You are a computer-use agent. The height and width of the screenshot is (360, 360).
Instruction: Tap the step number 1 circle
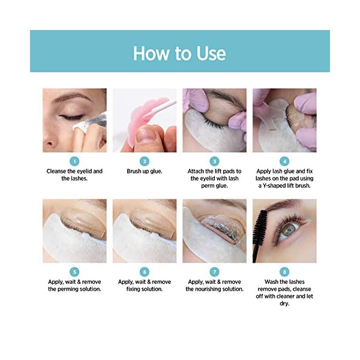point(74,161)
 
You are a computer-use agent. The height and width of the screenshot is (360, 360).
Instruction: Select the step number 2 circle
point(145,161)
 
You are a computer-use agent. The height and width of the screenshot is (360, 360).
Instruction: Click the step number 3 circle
point(215,161)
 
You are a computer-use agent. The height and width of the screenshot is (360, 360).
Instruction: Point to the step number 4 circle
point(285,161)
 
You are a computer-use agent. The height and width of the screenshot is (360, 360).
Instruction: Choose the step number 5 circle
point(74,272)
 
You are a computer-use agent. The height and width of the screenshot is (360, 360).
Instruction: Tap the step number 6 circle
point(145,272)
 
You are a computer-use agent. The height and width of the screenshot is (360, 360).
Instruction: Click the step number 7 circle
point(215,272)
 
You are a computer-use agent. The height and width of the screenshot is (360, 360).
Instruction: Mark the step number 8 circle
point(285,272)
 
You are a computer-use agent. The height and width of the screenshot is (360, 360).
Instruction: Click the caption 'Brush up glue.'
point(145,171)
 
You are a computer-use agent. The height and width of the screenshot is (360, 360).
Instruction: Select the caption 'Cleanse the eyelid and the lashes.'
point(74,175)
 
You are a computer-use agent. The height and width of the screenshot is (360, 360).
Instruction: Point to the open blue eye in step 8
point(290,229)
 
